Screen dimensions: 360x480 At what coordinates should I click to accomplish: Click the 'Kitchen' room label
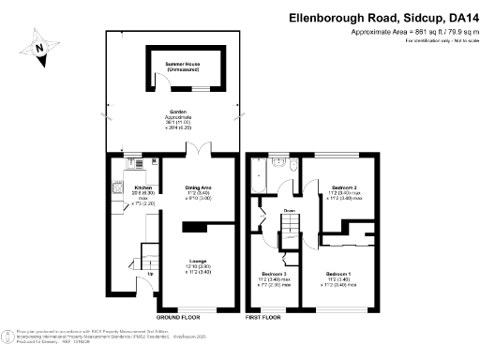(129, 187)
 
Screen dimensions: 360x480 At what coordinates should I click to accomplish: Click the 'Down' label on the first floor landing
(290, 211)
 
